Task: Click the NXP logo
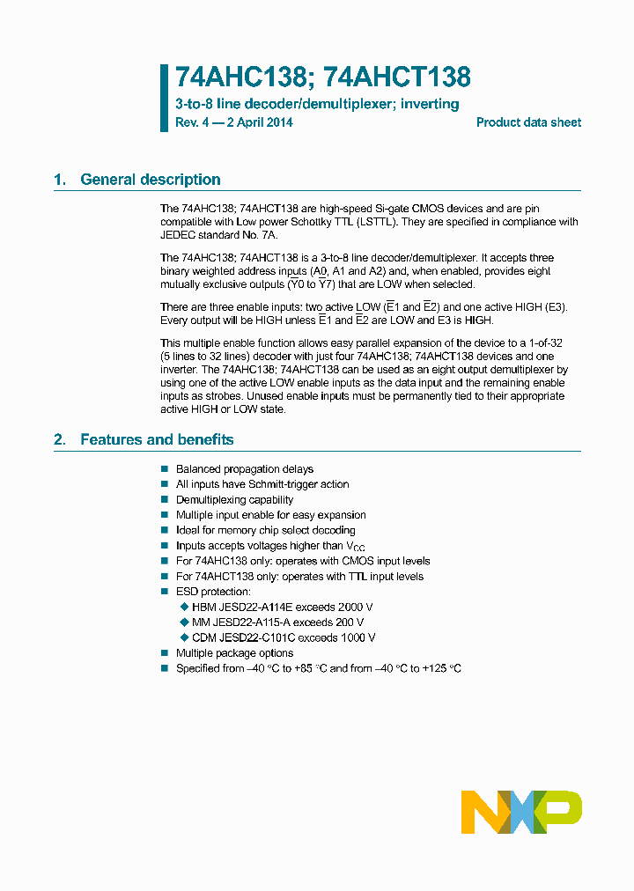(x=520, y=812)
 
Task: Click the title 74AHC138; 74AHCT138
(x=322, y=77)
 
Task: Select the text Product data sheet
(x=528, y=122)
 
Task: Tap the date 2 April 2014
(x=260, y=122)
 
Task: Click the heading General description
(x=150, y=180)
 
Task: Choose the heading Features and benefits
(x=157, y=439)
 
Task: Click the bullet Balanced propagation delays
(x=244, y=469)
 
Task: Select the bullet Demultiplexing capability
(x=234, y=500)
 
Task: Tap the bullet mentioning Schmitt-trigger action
(x=262, y=484)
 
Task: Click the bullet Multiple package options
(x=234, y=653)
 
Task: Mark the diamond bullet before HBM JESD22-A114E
(x=184, y=607)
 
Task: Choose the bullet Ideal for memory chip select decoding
(x=265, y=530)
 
